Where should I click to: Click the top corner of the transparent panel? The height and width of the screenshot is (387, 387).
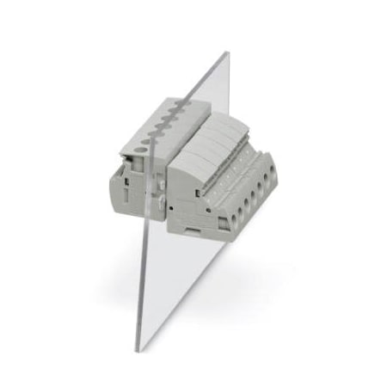228,53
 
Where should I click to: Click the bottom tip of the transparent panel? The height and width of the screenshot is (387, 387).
138,348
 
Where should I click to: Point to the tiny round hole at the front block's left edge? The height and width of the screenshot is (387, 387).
172,208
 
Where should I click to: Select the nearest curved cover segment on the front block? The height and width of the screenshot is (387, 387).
191,162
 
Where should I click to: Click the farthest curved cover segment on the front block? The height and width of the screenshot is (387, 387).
233,123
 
